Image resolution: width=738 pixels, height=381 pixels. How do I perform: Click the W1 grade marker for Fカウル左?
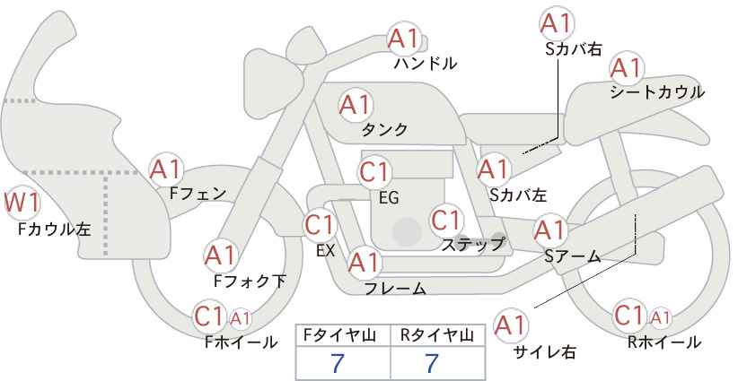[x=22, y=203]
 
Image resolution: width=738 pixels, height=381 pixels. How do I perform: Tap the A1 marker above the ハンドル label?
[x=404, y=39]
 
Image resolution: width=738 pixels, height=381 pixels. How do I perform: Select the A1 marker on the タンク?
[x=356, y=106]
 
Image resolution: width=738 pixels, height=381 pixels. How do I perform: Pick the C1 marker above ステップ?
[x=446, y=220]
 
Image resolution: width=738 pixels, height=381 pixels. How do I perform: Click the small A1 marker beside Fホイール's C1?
[x=240, y=319]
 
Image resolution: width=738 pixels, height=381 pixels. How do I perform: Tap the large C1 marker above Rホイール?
[x=629, y=316]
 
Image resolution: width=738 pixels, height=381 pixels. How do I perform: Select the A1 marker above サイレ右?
[x=511, y=325]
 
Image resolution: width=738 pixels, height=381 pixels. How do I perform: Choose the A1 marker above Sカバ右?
[x=558, y=22]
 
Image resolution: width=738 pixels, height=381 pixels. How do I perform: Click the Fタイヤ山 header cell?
[x=343, y=336]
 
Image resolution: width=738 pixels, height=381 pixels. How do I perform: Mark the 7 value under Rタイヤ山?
[x=432, y=363]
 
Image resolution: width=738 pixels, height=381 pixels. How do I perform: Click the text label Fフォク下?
[x=250, y=281]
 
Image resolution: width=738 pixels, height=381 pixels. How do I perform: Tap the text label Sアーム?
[x=573, y=255]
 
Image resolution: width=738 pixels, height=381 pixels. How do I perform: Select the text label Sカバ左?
[x=518, y=194]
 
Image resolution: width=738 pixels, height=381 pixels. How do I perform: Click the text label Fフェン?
[x=198, y=193]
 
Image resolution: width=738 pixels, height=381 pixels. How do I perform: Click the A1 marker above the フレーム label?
[x=364, y=263]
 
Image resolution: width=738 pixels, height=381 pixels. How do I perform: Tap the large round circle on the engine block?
[x=407, y=231]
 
